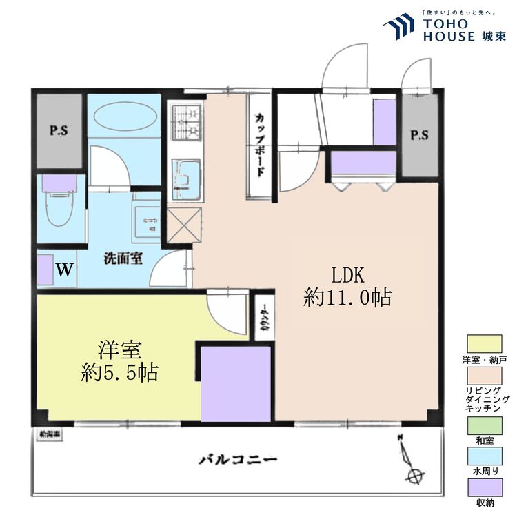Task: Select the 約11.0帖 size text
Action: pos(347,298)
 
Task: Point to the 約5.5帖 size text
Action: pos(119,373)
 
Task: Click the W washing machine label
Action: pos(64,269)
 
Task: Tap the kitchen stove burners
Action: pos(185,124)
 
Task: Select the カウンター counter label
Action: pos(265,318)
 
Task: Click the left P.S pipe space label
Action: pos(58,131)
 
